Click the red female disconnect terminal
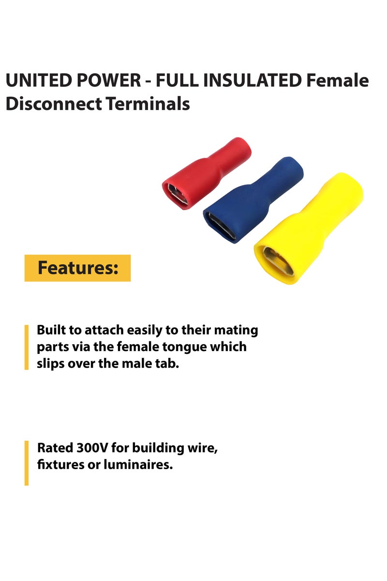pyautogui.click(x=208, y=169)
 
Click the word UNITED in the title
pyautogui.click(x=34, y=81)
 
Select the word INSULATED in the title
pyautogui.click(x=252, y=81)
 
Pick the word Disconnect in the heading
pyautogui.click(x=51, y=104)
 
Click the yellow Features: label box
pyautogui.click(x=77, y=268)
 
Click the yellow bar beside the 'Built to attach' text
pyautogui.click(x=27, y=347)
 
